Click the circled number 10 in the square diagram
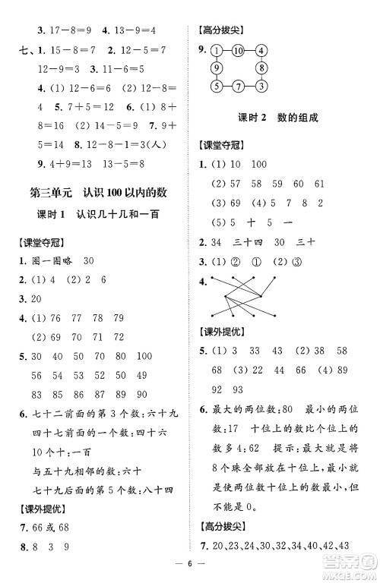pyautogui.click(x=238, y=51)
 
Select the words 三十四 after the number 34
pyautogui.click(x=252, y=242)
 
